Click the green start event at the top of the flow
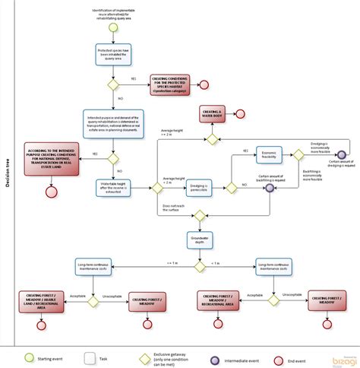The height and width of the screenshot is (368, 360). (x=112, y=27)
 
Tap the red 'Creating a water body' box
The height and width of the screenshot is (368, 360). (x=214, y=113)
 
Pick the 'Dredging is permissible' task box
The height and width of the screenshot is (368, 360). (x=201, y=186)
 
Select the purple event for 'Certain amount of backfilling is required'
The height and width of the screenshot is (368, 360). (x=269, y=186)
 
